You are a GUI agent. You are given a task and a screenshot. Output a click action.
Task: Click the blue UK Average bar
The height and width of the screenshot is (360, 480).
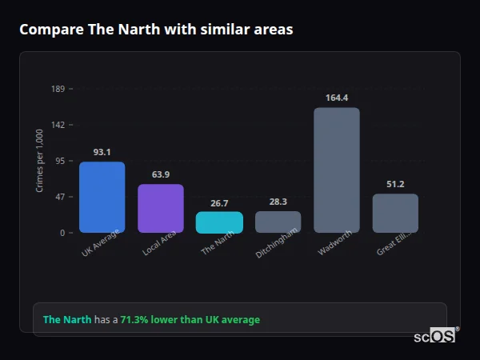coord(102,197)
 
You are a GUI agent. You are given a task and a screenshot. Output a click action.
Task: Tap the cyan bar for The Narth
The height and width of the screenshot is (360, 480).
coord(219,222)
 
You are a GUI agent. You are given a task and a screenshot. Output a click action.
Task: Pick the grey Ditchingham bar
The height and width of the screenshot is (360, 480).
coord(278,222)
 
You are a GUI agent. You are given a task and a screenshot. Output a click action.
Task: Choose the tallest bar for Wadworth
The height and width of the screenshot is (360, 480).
coord(337,170)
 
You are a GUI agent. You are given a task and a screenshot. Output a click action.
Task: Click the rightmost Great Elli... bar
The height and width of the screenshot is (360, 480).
coord(395,213)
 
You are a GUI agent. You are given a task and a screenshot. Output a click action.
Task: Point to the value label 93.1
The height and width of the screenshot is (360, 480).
coord(102,152)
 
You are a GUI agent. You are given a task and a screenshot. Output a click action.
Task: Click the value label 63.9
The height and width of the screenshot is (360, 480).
coord(161,174)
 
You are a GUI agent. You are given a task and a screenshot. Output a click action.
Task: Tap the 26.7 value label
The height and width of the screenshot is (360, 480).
coord(219,203)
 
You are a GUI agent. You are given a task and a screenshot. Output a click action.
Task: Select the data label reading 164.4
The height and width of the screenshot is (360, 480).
coord(337,98)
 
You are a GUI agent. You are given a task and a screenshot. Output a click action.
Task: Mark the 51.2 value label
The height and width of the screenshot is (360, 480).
coord(395,184)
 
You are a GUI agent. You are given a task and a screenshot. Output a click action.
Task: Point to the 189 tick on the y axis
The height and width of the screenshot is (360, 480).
coord(58,89)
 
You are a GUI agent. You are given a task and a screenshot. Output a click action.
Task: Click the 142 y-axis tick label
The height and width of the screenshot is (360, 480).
coord(58,125)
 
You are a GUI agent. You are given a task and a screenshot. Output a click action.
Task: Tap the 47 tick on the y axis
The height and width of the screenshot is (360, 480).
coord(61,197)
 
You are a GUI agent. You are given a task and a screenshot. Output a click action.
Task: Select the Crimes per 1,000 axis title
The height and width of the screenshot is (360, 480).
coord(40,161)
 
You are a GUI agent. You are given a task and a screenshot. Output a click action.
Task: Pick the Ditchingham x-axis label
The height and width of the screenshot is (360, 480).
coord(276,242)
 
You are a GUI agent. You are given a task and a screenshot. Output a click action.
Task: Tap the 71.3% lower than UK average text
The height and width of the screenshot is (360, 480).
coord(190,320)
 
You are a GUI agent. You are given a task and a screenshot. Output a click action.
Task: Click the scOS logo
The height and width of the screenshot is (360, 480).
coord(434,336)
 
